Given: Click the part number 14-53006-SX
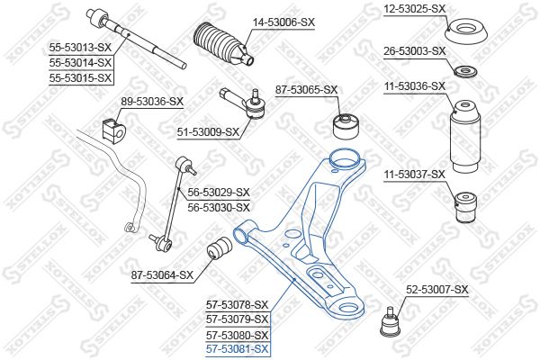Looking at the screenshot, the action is pos(283,22).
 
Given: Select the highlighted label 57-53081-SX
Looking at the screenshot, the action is pos(237,349).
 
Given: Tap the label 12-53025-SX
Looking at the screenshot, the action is pos(415,9).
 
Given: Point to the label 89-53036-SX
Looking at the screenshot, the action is pos(152,102).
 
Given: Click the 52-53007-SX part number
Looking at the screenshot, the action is pos(437,290).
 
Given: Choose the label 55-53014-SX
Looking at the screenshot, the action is pos(81,63).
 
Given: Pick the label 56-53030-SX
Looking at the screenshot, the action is pos(219,207).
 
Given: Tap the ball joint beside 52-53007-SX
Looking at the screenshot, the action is pos(390,322).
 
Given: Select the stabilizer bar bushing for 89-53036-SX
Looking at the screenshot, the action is pos(114,130).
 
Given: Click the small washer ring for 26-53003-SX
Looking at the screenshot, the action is pos(465,72).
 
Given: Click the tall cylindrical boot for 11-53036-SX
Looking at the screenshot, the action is pos(465,137).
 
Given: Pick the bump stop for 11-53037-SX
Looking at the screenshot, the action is pos(465,208).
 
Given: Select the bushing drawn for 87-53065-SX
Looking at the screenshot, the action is pos(346,126).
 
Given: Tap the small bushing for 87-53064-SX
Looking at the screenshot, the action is pos(220,250).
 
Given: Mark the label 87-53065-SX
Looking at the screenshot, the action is pos(307,90).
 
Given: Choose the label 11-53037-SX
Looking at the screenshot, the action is pos(415,175).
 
